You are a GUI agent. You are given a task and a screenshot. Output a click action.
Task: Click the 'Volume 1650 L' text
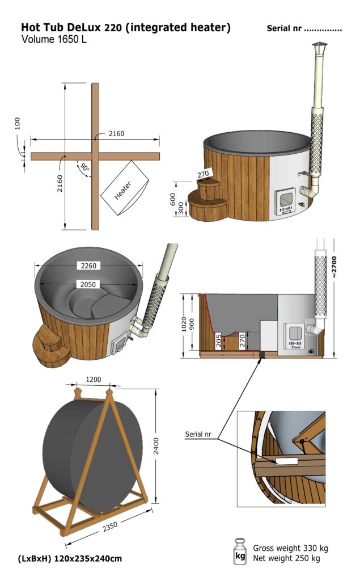tap(54, 40)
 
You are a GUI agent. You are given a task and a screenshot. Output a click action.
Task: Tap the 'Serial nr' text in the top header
tap(304, 29)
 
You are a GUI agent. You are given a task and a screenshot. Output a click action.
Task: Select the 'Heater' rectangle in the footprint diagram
tap(125, 188)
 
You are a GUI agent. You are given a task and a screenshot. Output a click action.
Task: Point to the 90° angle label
tap(84, 169)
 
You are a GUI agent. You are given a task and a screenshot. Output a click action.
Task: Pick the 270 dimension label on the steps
tap(203, 174)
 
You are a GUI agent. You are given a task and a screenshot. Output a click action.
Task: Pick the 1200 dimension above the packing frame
tap(94, 378)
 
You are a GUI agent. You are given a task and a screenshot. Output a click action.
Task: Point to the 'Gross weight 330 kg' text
tap(290, 548)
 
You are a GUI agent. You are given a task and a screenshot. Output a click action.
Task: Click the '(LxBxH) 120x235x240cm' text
tap(70, 559)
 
